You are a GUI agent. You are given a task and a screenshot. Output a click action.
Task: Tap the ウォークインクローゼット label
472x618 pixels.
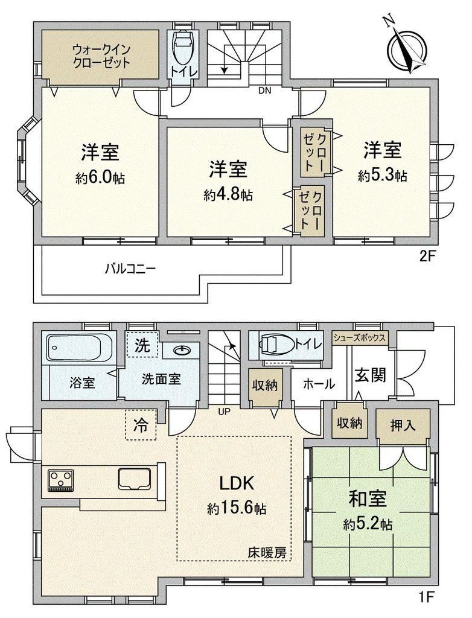101,56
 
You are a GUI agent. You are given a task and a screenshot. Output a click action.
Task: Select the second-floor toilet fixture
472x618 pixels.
182,47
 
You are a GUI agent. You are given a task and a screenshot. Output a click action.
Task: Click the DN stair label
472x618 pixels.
265,91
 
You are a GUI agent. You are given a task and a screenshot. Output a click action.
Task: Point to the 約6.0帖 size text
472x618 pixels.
100,178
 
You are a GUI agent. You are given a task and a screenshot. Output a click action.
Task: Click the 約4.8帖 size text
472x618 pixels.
228,194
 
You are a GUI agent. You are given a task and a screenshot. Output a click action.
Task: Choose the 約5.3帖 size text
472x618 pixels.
383,175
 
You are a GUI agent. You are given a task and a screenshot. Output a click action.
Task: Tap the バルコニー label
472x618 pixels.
130,269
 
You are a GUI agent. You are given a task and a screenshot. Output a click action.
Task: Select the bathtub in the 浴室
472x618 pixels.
80,347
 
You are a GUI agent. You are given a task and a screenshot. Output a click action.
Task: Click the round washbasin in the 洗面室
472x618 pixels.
182,350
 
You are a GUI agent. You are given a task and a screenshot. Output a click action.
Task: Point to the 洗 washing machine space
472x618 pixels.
142,345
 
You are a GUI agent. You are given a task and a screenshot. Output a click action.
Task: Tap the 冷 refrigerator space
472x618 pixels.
141,424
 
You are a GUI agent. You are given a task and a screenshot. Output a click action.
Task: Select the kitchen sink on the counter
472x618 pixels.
135,478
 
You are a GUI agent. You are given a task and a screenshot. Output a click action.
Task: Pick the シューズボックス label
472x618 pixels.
360,337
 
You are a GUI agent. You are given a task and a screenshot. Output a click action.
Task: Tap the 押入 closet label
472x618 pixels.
403,425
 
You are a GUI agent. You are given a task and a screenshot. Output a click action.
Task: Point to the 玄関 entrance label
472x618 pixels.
370,375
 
